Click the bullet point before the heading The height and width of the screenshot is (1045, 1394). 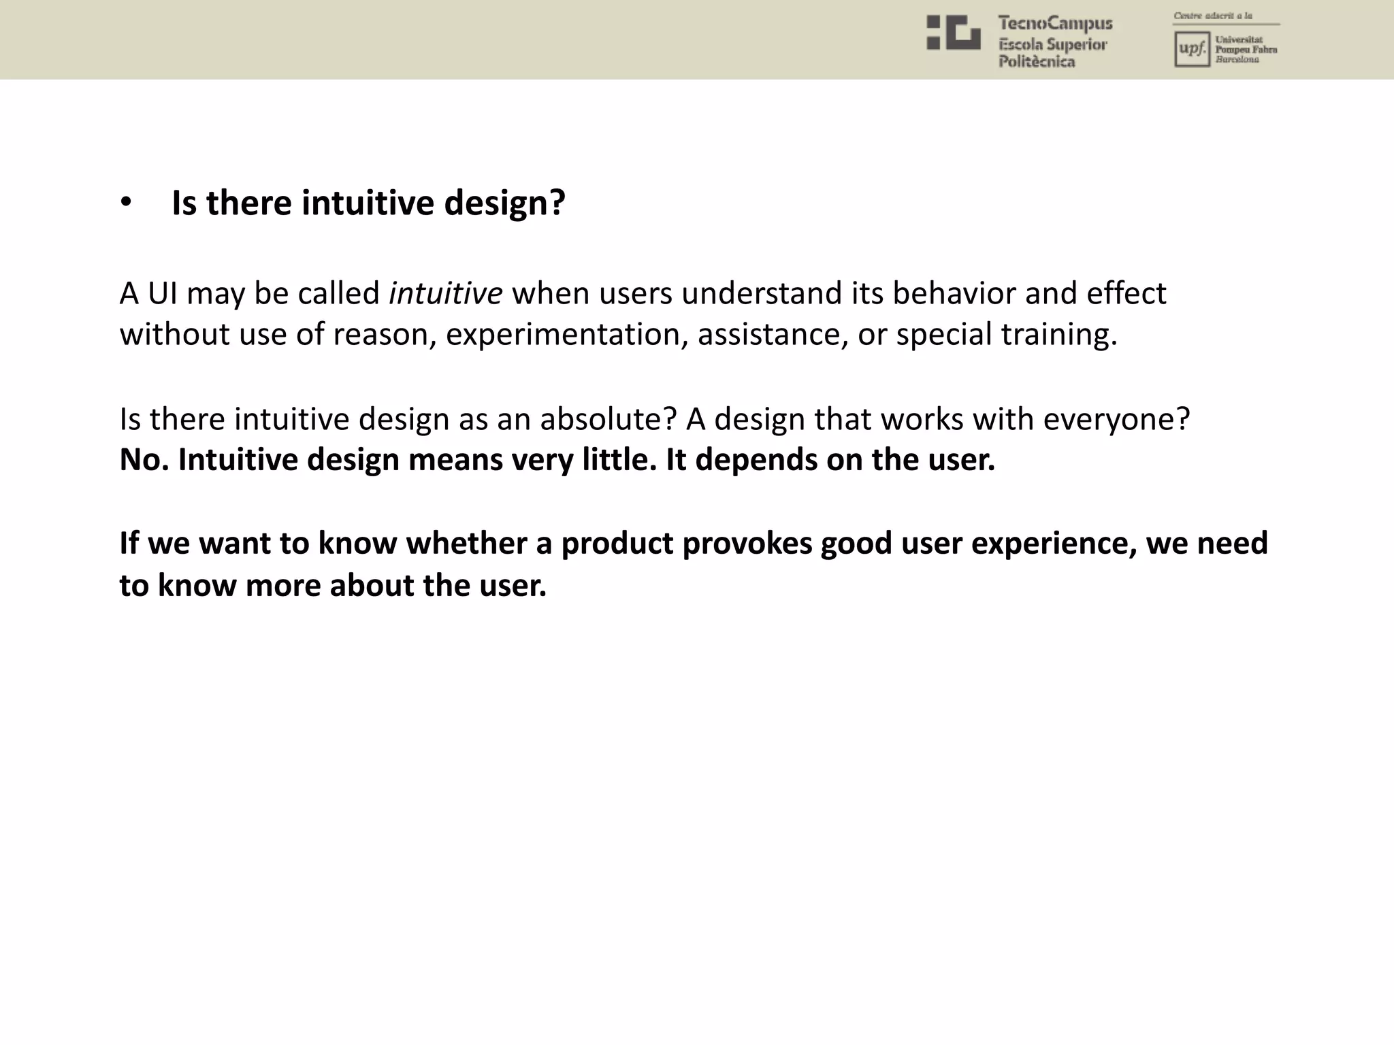click(125, 204)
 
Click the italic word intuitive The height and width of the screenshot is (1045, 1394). click(445, 294)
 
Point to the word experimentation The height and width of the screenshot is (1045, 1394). click(566, 335)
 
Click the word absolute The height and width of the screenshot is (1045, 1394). click(609, 419)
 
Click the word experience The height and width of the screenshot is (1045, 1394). click(1053, 544)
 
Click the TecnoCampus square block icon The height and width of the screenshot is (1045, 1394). click(953, 33)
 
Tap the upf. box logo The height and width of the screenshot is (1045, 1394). click(1191, 50)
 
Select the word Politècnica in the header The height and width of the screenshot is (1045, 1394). click(1037, 62)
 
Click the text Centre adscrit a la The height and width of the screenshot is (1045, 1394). click(1213, 16)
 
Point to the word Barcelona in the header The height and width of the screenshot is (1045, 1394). click(1237, 60)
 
